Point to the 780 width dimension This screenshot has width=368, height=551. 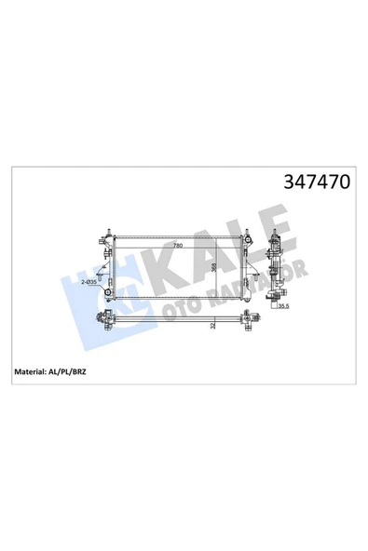176,247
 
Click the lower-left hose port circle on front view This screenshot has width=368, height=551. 107,295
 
